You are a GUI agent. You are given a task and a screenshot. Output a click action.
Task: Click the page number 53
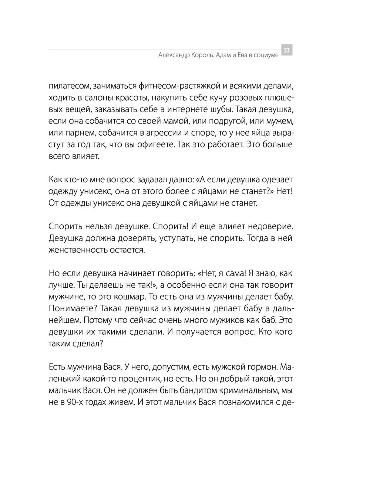coord(287,50)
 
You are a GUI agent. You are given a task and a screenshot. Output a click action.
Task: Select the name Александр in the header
coord(174,55)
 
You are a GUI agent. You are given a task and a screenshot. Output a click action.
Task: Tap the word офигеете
coord(152,145)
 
